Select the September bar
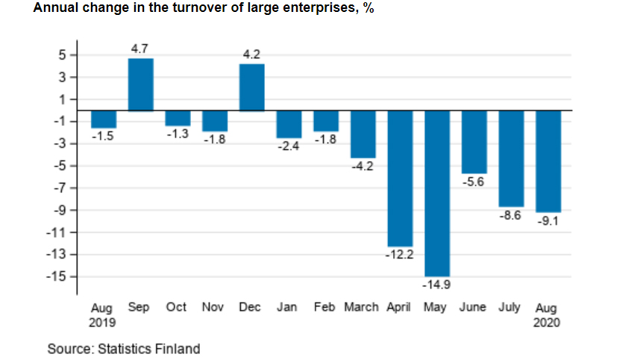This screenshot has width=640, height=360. point(141,84)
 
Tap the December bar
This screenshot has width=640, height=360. point(251,87)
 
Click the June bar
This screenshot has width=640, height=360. point(474,142)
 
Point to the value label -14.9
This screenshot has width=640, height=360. point(437,284)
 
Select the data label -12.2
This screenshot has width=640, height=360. point(400,254)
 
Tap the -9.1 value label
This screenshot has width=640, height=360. point(548,221)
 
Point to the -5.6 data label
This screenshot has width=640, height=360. point(474,181)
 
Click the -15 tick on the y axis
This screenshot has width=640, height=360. point(58,276)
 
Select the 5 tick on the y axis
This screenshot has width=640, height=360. point(63,55)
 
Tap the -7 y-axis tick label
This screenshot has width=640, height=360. point(60,188)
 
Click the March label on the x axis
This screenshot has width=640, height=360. point(361,307)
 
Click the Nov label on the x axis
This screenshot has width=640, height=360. point(213,307)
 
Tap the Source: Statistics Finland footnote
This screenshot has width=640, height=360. point(124,348)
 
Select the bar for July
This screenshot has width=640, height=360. point(511,158)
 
